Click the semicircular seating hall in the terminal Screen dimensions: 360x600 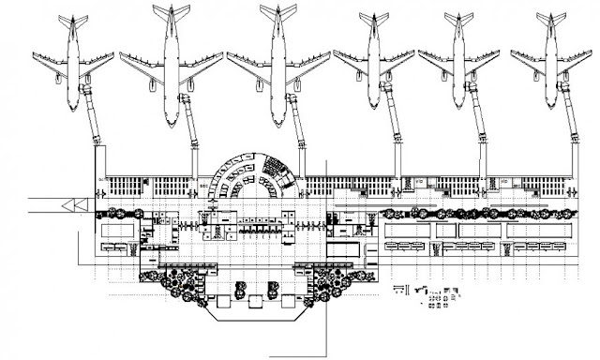[250, 178]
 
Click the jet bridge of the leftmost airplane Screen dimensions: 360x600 [93, 117]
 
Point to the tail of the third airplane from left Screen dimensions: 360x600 [277, 11]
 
